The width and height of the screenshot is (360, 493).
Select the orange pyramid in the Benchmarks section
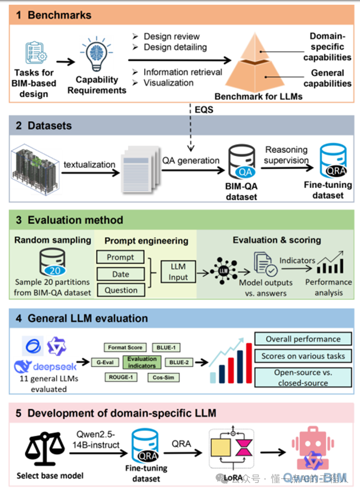pyautogui.click(x=259, y=65)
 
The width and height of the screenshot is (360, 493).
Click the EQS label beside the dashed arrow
pyautogui.click(x=204, y=110)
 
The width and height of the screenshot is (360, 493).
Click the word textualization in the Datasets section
pyautogui.click(x=89, y=164)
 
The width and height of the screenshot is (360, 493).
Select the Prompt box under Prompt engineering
pyautogui.click(x=121, y=257)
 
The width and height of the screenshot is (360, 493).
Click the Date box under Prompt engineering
pyautogui.click(x=121, y=274)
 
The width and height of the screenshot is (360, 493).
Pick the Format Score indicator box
pyautogui.click(x=125, y=347)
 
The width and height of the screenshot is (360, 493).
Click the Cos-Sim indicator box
pyautogui.click(x=163, y=378)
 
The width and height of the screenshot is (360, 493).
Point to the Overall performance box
pyautogui.click(x=303, y=339)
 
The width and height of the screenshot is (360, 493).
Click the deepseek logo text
pyautogui.click(x=46, y=368)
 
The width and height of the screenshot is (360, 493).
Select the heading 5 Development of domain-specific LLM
pyautogui.click(x=116, y=413)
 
